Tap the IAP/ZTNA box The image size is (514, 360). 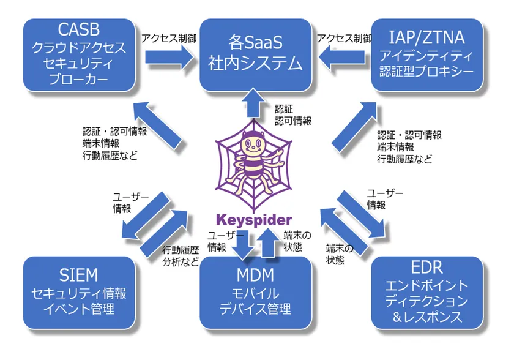pos(431,55)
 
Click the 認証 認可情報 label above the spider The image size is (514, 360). pos(288,114)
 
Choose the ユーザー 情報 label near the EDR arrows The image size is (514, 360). pos(385,200)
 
